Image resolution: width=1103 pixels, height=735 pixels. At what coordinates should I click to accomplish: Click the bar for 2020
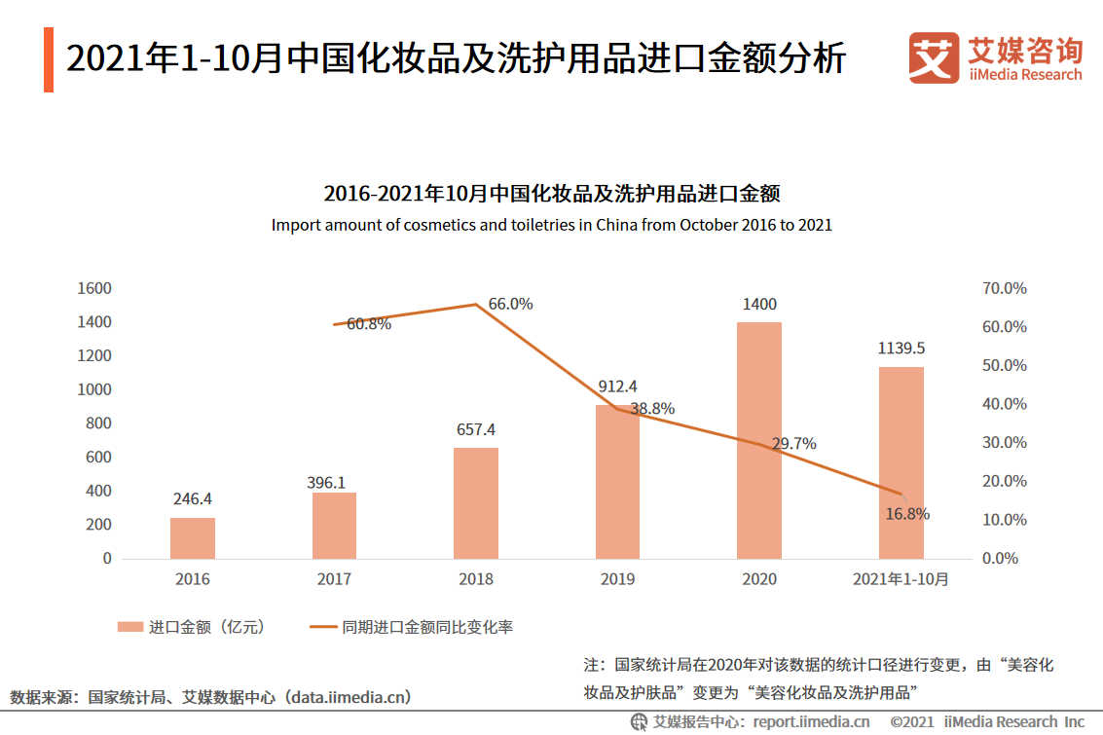pyautogui.click(x=759, y=440)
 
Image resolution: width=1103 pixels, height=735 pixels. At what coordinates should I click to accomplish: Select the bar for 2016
pyautogui.click(x=193, y=538)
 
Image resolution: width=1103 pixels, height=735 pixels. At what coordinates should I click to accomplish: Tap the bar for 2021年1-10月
pyautogui.click(x=901, y=462)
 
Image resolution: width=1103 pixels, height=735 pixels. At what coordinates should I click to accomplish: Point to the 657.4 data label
pyautogui.click(x=476, y=429)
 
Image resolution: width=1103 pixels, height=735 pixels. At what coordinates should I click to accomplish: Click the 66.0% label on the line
pyautogui.click(x=510, y=304)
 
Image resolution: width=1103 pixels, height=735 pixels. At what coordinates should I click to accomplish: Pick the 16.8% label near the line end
pyautogui.click(x=907, y=513)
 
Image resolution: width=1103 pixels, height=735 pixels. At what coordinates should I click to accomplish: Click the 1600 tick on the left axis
pyautogui.click(x=94, y=289)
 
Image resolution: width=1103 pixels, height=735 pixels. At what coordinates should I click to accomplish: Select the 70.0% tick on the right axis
pyautogui.click(x=1004, y=289)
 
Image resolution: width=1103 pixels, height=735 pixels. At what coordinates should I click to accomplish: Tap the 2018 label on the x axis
pyautogui.click(x=476, y=579)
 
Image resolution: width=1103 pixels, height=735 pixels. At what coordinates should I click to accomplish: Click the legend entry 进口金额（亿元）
pyautogui.click(x=192, y=627)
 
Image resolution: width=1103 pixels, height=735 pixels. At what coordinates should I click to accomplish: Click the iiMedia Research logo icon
pyautogui.click(x=933, y=58)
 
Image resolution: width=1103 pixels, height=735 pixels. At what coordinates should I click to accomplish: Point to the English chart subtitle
pyautogui.click(x=551, y=225)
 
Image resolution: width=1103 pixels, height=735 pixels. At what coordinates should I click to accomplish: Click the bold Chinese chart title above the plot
pyautogui.click(x=551, y=193)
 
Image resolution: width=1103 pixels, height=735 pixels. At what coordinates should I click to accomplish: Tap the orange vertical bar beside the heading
pyautogui.click(x=49, y=60)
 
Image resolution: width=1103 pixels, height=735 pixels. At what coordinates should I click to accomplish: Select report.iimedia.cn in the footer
pyautogui.click(x=809, y=721)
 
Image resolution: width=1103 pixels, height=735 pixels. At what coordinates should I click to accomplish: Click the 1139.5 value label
pyautogui.click(x=901, y=349)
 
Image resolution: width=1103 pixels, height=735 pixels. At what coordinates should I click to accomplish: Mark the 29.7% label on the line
pyautogui.click(x=793, y=444)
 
